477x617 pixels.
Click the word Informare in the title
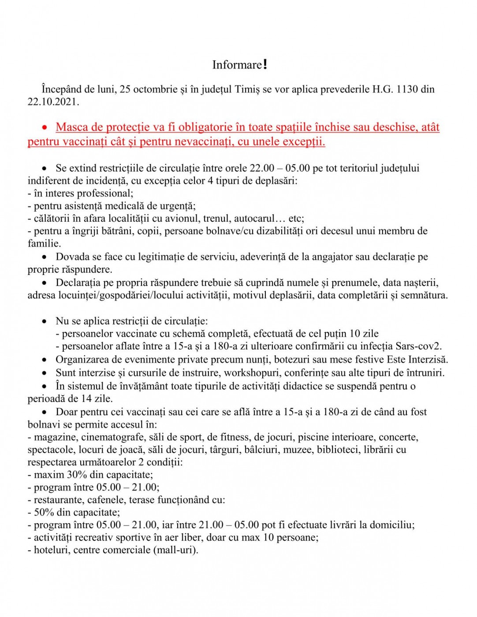tap(237, 65)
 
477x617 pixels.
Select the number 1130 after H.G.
tap(407, 89)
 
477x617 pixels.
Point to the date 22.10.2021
tap(53, 102)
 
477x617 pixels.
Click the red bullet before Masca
tap(45, 127)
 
